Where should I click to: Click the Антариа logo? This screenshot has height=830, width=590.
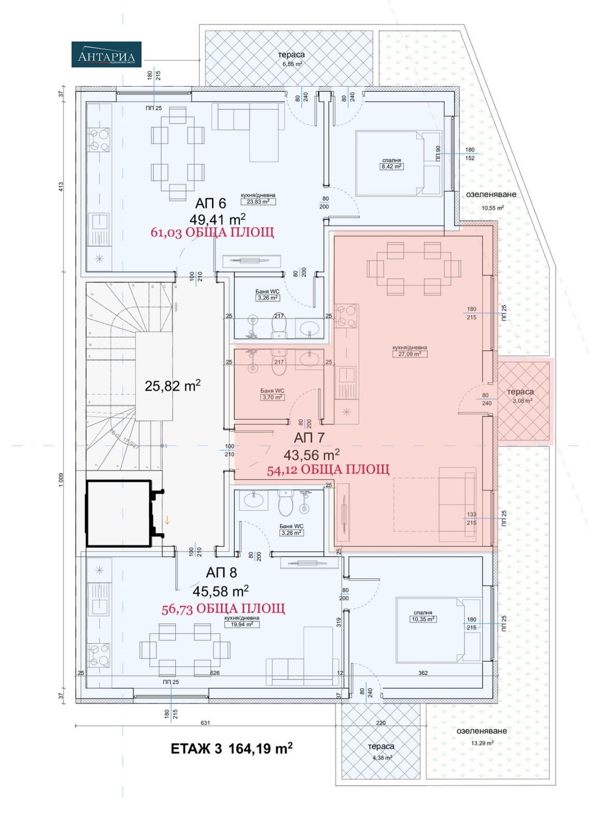coord(106,54)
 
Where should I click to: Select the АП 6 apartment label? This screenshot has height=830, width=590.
coord(210,202)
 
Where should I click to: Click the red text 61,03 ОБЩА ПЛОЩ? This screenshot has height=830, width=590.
coord(212,232)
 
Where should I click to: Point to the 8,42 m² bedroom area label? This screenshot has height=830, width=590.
coord(391,167)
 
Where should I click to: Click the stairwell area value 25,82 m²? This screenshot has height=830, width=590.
coord(173,385)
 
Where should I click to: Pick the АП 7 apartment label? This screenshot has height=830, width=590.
coord(309,437)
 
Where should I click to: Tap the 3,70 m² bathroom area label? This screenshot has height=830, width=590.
coord(272,397)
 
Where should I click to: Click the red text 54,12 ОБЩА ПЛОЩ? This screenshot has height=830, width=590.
coord(328,469)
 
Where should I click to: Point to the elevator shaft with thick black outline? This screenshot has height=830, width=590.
coord(119,513)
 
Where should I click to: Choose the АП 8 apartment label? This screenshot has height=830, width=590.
coord(221,572)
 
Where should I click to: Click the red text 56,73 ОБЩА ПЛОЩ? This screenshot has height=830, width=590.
coord(223,608)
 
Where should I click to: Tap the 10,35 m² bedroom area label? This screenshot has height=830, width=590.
coord(423,619)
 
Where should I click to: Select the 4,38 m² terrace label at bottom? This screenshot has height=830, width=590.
coord(381,757)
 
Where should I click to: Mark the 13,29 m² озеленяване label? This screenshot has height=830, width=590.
coord(482,742)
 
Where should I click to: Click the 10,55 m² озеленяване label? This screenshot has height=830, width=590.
coord(493,208)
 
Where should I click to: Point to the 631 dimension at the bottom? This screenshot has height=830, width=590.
coord(206,723)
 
